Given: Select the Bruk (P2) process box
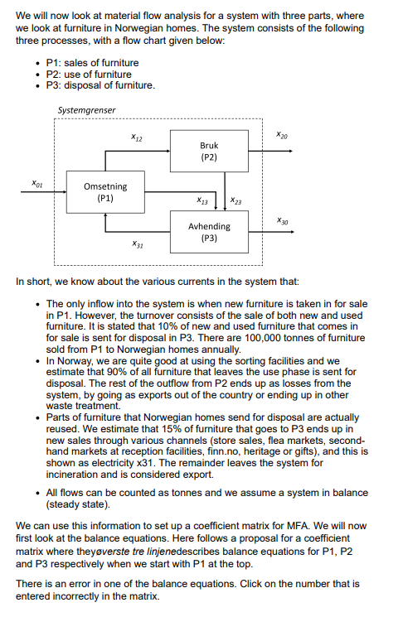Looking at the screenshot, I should (x=208, y=151).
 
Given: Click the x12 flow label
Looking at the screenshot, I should (x=137, y=137).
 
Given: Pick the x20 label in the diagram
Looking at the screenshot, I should (x=282, y=135).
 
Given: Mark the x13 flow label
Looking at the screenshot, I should (x=201, y=200).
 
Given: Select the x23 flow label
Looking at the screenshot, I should (x=236, y=200).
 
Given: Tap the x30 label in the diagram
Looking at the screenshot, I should (x=282, y=220).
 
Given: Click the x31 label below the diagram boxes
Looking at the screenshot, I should (x=137, y=246).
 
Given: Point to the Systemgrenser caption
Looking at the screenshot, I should (x=87, y=111).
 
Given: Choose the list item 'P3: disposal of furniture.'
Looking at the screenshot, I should (x=100, y=86).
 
